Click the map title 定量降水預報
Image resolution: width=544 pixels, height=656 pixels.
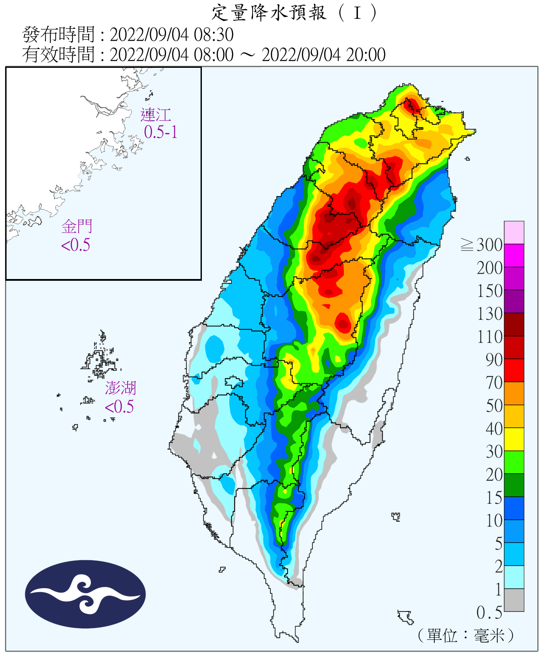tap(269, 13)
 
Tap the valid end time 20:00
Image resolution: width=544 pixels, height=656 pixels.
tap(366, 55)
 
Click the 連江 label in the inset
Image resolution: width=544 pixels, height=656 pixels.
tap(156, 115)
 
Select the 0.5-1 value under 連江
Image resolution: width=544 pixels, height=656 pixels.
tap(161, 132)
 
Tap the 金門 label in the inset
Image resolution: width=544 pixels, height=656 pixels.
tap(77, 227)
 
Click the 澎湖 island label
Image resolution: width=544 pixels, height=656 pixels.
tap(121, 388)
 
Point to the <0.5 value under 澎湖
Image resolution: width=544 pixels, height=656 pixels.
tap(119, 407)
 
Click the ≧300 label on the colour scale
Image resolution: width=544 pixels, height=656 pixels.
tap(482, 245)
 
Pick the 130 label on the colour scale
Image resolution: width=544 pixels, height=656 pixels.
tap(490, 314)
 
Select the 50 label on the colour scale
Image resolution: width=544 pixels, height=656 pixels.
tap(494, 406)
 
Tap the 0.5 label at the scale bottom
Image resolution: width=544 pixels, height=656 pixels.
tap(489, 613)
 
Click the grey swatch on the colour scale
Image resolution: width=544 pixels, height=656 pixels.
tap(514, 600)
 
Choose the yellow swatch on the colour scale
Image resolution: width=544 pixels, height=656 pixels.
tap(514, 439)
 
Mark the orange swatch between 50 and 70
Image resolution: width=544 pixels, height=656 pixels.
tap(514, 393)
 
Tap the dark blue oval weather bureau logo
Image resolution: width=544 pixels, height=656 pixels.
tap(85, 594)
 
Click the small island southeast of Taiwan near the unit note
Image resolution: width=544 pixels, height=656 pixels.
tap(406, 617)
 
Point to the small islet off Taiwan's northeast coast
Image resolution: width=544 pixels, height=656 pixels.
tap(468, 159)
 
